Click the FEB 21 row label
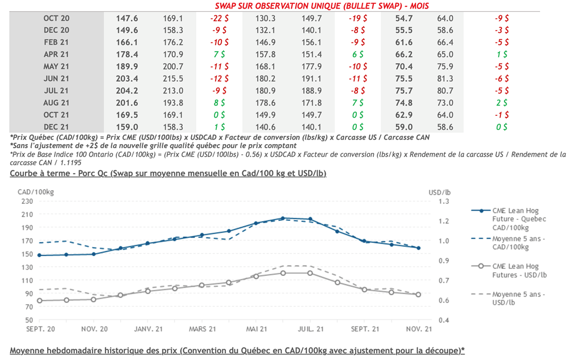[x=56, y=42]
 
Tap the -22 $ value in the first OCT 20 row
[x=218, y=18]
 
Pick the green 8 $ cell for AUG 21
[x=219, y=103]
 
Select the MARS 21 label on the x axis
[x=203, y=329]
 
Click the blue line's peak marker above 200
[x=283, y=218]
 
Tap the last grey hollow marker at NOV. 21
[x=419, y=294]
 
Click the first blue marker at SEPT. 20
[x=39, y=256]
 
